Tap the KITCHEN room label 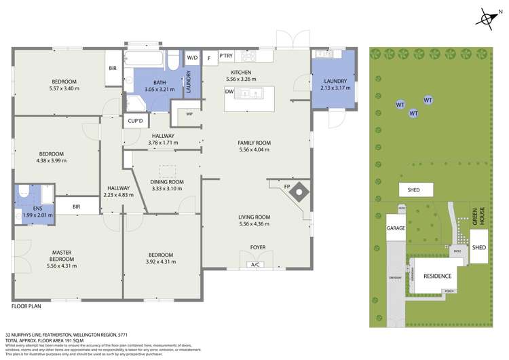pyautogui.click(x=241, y=72)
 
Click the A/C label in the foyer pyautogui.click(x=255, y=264)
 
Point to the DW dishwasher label pyautogui.click(x=229, y=90)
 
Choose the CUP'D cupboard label pyautogui.click(x=135, y=121)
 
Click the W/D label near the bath pyautogui.click(x=191, y=57)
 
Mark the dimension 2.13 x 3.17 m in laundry pyautogui.click(x=335, y=88)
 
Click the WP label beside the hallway pyautogui.click(x=189, y=115)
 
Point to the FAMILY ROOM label pyautogui.click(x=254, y=143)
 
